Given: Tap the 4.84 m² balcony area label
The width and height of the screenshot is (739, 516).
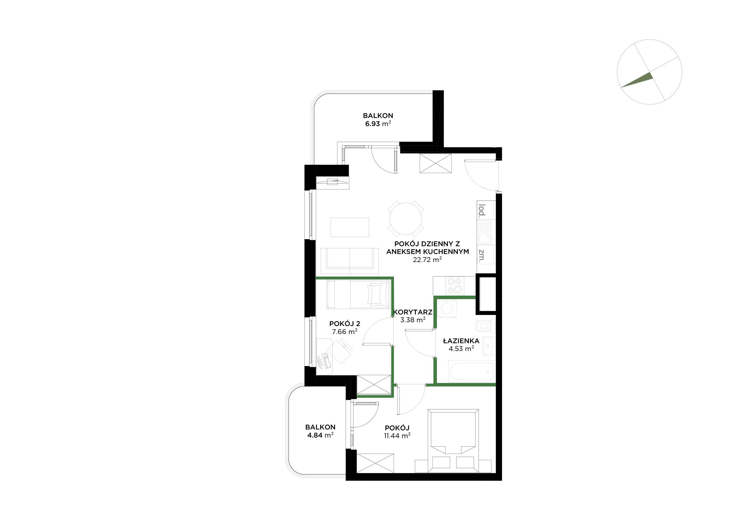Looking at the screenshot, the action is click(x=320, y=435).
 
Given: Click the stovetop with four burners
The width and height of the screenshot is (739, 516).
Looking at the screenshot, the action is click(x=455, y=285).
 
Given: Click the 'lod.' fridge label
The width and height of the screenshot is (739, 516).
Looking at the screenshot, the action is click(x=482, y=210).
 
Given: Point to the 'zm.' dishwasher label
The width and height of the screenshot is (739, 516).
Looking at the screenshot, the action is click(x=482, y=256).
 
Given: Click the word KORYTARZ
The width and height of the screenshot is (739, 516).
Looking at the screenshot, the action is click(x=413, y=312).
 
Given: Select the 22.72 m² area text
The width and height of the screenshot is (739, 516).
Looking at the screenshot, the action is click(x=427, y=260).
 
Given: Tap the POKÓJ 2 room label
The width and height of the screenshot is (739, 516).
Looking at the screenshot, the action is click(x=345, y=324).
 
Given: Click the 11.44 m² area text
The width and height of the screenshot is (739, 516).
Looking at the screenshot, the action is click(x=397, y=436).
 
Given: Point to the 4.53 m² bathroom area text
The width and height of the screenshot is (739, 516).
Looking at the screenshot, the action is click(x=461, y=349).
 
